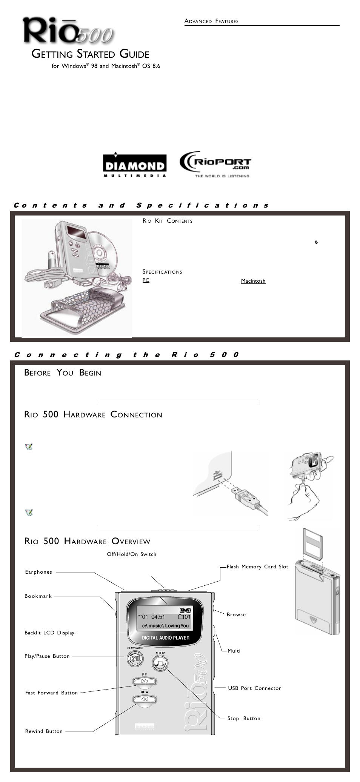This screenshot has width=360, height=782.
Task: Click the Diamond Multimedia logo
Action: click(x=135, y=165)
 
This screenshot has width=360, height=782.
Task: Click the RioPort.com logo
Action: click(x=215, y=165)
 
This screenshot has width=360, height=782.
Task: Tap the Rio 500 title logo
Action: click(x=68, y=31)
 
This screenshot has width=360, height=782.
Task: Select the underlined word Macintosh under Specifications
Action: click(x=253, y=281)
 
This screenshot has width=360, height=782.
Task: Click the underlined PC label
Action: click(x=146, y=280)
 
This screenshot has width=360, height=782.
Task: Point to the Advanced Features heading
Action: click(x=211, y=21)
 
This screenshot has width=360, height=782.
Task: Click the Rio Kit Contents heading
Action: click(x=167, y=221)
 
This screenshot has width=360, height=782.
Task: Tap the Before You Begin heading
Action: click(x=63, y=373)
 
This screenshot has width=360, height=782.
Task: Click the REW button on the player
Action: click(x=145, y=699)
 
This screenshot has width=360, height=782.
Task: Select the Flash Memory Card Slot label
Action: click(x=257, y=566)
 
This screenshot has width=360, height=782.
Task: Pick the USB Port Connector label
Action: click(x=254, y=688)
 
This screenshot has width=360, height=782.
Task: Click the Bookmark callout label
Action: click(x=38, y=596)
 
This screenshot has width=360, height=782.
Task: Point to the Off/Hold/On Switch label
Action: click(x=131, y=554)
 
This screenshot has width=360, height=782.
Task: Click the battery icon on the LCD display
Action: click(x=185, y=610)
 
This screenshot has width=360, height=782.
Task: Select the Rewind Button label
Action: click(x=44, y=731)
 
